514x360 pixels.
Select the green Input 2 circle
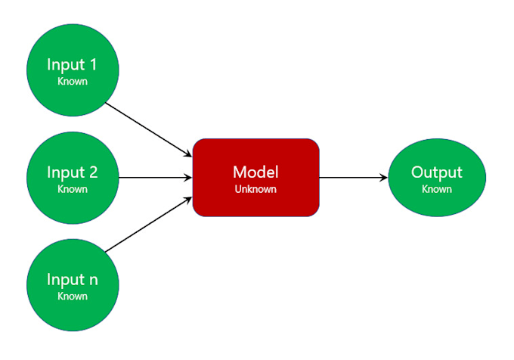(x=73, y=178)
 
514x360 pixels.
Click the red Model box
(x=255, y=178)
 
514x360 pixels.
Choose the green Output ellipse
(x=436, y=178)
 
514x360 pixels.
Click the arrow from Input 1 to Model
(x=147, y=129)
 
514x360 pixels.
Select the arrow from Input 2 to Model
(x=155, y=178)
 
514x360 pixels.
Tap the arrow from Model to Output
(x=351, y=178)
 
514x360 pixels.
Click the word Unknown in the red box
(x=255, y=190)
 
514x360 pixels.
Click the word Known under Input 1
(x=73, y=81)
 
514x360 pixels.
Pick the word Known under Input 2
(x=73, y=189)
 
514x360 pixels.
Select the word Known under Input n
(x=73, y=296)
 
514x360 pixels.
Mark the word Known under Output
(x=436, y=189)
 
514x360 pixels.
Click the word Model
(x=255, y=172)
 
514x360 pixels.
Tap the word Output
(x=436, y=172)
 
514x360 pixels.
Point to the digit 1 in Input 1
(x=93, y=65)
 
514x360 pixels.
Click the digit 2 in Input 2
(x=93, y=172)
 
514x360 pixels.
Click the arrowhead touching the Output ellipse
(x=383, y=178)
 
